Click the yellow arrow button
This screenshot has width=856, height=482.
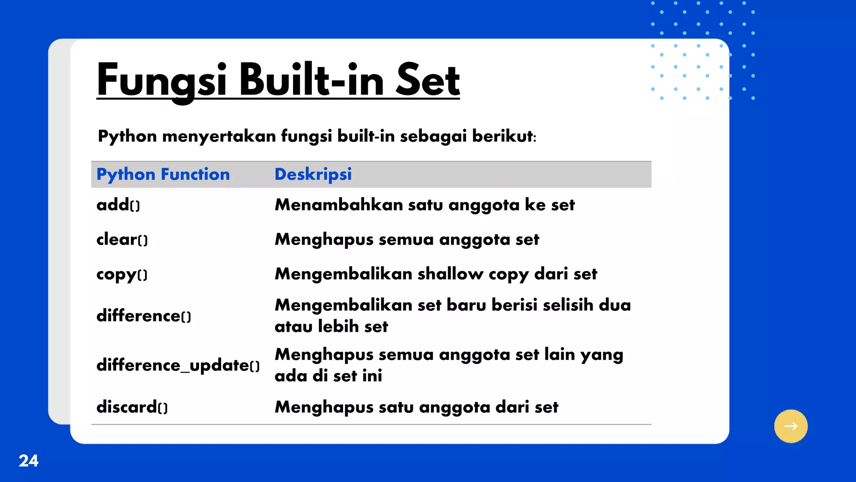[x=790, y=426]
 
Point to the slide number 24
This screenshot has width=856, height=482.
[x=28, y=461]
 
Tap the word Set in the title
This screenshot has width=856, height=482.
[x=427, y=80]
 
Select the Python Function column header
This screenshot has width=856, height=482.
[x=163, y=174]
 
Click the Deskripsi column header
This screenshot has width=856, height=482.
[x=313, y=174]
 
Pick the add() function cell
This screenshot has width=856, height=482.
[x=118, y=205]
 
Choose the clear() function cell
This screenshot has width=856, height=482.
[x=122, y=239]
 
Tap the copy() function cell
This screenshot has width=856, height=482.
[x=122, y=274]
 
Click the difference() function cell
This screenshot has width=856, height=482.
[x=144, y=316]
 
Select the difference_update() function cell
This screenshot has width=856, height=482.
[x=178, y=365]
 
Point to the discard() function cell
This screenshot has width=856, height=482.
[x=132, y=407]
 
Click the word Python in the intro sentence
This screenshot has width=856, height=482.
[x=127, y=136]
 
